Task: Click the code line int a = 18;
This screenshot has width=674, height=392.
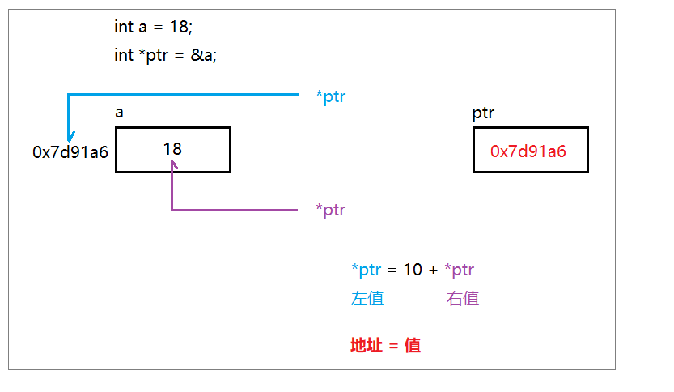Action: point(154,27)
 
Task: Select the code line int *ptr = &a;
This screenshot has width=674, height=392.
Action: point(166,56)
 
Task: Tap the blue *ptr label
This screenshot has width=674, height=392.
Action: point(331,97)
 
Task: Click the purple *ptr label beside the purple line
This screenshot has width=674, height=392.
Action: point(331,211)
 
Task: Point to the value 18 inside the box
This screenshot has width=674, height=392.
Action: point(172,149)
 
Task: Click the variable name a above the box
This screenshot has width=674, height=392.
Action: point(120,113)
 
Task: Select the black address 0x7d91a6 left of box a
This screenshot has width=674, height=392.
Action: point(70,151)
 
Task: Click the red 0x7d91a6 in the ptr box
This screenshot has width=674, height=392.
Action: point(528,151)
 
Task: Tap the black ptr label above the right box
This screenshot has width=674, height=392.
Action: point(484,113)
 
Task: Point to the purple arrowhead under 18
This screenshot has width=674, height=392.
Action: point(172,165)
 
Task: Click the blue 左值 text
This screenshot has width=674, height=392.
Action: point(367,298)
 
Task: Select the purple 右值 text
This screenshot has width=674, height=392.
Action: point(463,298)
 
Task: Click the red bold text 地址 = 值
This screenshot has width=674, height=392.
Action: point(385,345)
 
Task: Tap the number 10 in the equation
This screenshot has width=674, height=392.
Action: point(413,270)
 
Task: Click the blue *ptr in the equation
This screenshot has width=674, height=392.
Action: point(366,270)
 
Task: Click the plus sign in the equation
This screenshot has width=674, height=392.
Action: point(433,271)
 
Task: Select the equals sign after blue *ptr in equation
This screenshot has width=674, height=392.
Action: point(392,271)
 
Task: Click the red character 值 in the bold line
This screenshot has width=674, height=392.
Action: point(413,345)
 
